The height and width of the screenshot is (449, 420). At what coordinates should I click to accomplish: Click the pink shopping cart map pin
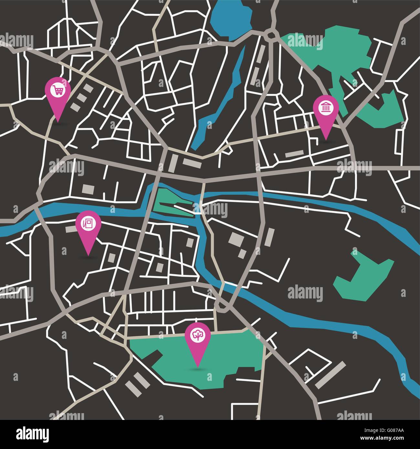click(x=58, y=94)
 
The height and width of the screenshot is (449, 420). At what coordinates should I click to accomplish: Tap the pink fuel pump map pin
click(x=88, y=228)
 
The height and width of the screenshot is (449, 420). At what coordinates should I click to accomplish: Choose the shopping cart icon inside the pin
click(x=58, y=89)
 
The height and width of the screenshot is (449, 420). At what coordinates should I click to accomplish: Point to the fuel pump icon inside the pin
click(x=88, y=224)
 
